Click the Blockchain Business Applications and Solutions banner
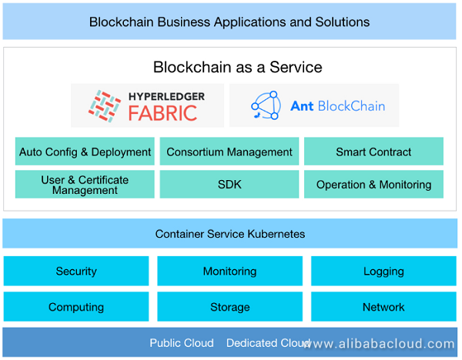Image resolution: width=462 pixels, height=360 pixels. tap(229, 22)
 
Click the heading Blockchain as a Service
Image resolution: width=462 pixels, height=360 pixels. tap(237, 67)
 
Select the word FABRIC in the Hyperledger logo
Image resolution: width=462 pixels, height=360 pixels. tap(163, 114)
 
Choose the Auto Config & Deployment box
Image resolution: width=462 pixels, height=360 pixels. tap(85, 152)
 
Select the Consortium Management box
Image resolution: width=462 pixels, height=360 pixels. tap(229, 152)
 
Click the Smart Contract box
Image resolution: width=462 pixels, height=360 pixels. tap(373, 152)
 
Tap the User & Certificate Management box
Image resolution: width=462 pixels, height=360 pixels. tap(85, 185)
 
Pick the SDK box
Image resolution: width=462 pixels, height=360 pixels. tap(229, 185)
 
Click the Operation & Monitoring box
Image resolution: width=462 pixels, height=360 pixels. tap(373, 185)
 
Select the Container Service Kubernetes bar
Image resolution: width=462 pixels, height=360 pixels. tap(229, 234)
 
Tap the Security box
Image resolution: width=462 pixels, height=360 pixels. tap(76, 271)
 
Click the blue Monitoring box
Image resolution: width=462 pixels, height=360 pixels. tap(229, 271)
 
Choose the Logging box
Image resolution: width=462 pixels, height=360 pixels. tap(383, 271)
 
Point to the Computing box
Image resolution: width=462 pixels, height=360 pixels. tap(76, 307)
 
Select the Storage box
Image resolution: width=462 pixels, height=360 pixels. tap(229, 307)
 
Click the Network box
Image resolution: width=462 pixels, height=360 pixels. tap(383, 307)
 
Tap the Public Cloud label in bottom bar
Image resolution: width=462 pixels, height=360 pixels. tap(182, 343)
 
